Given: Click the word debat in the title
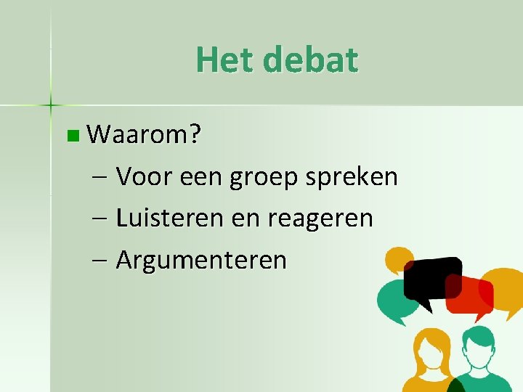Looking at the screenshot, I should click(x=311, y=60).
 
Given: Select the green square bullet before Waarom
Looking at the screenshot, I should click(x=70, y=135).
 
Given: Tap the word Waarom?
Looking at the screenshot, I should click(x=145, y=134).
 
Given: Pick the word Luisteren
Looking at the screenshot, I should click(x=170, y=218).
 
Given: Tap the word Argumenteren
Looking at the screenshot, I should click(x=201, y=260).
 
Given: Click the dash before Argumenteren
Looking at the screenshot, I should click(x=101, y=261).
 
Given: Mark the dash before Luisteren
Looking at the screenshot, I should click(x=101, y=219).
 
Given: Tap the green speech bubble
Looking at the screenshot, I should click(x=395, y=301).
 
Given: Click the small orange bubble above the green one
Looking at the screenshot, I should click(x=398, y=259).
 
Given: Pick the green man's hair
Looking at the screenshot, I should click(x=479, y=335).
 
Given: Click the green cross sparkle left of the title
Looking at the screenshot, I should click(x=51, y=105).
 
